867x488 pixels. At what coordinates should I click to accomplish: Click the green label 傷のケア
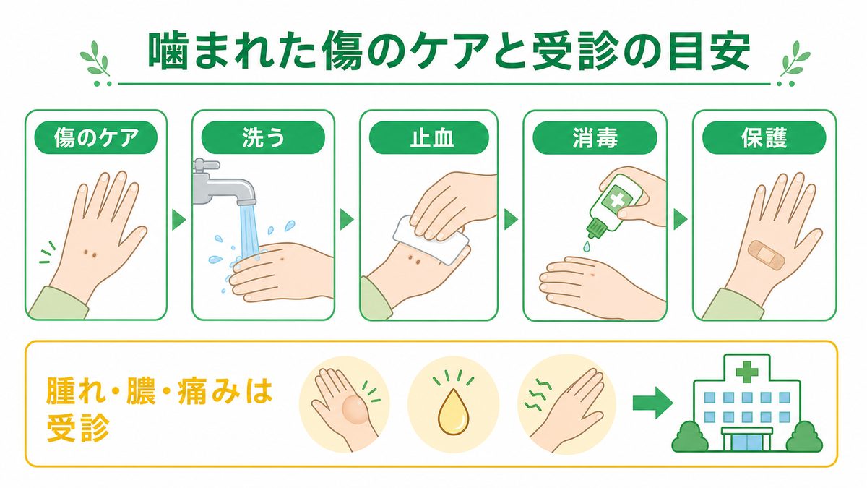click(x=96, y=137)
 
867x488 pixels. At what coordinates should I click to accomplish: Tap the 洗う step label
click(x=263, y=137)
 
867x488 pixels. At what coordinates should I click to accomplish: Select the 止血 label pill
click(x=429, y=137)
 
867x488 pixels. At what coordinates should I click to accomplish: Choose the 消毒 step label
click(x=595, y=138)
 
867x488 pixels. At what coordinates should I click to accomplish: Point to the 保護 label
click(x=764, y=138)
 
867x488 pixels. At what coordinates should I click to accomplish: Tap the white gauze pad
click(x=430, y=241)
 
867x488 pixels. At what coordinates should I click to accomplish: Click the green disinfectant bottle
click(x=615, y=205)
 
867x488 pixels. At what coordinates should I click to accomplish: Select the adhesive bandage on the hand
click(x=762, y=255)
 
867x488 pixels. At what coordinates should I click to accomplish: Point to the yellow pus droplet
click(x=453, y=411)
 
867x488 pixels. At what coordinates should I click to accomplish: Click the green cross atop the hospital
click(x=746, y=371)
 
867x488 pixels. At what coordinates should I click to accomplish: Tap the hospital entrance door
click(x=747, y=442)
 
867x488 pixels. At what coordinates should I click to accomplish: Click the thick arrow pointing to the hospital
click(x=653, y=403)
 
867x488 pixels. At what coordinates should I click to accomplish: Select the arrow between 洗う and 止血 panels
click(x=347, y=220)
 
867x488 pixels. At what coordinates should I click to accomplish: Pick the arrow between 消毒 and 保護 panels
click(x=681, y=220)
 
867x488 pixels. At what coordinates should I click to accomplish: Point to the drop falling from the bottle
click(x=587, y=246)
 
